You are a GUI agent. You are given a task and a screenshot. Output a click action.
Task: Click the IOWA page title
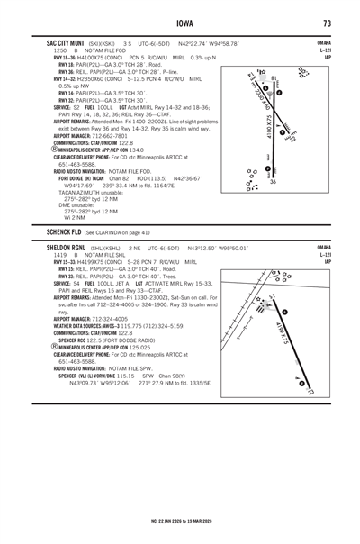183,23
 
